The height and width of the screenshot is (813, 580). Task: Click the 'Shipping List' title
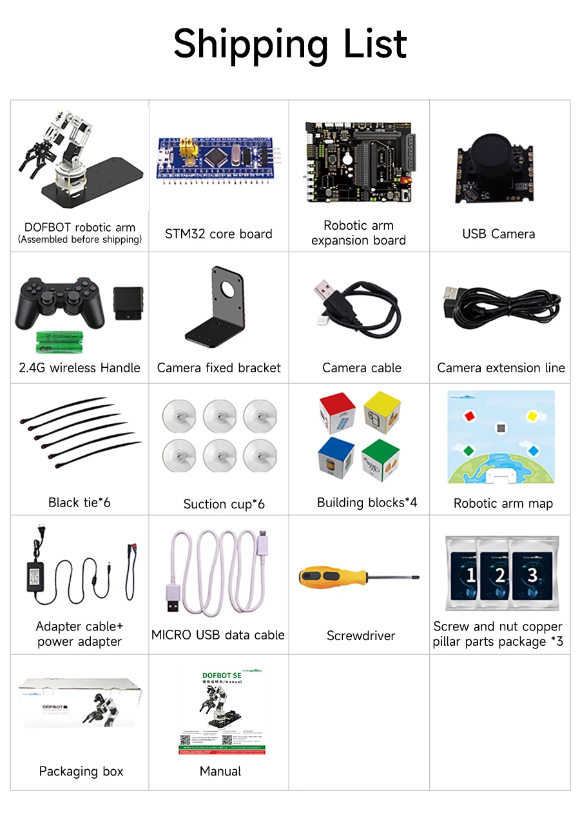pos(290,44)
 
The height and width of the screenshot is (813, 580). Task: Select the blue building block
pos(336,458)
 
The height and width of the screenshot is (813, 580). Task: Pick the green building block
pos(380,459)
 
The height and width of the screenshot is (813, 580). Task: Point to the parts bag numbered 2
pos(499,574)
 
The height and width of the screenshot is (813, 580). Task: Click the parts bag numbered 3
pos(533,574)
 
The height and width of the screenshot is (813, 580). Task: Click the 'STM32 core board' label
pos(218,234)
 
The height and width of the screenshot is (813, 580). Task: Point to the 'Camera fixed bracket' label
pos(219,368)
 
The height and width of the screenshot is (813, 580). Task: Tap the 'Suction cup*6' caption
pos(224,504)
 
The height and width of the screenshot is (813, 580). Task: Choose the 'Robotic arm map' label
pos(503,503)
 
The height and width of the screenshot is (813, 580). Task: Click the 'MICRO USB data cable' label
pos(218,635)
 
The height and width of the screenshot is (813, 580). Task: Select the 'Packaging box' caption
pos(81,771)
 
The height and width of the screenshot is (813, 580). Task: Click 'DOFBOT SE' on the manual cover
pos(222,676)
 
